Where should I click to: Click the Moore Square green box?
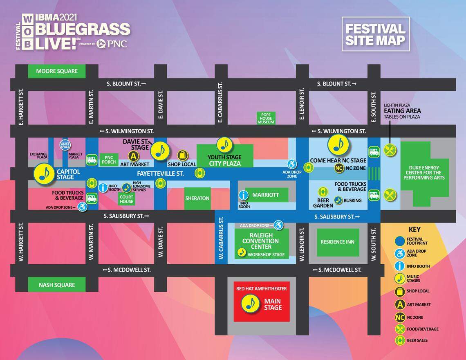pos(57,71)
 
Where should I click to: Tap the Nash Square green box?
pos(57,285)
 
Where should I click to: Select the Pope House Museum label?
pos(266,118)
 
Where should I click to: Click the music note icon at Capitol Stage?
pos(44,173)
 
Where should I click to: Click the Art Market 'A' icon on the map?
pos(133,156)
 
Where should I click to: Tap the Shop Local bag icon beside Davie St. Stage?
pos(182,155)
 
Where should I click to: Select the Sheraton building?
pos(197,198)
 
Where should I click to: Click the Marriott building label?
pos(265,195)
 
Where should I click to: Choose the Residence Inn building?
pos(338,242)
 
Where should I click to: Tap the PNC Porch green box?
pos(109,159)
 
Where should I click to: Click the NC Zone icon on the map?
pos(338,168)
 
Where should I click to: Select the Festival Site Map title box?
pos(375,34)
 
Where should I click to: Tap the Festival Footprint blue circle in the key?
pos(400,241)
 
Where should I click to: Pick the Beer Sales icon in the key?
pos(400,340)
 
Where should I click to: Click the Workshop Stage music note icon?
pos(242,253)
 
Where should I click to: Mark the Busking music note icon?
pos(338,200)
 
